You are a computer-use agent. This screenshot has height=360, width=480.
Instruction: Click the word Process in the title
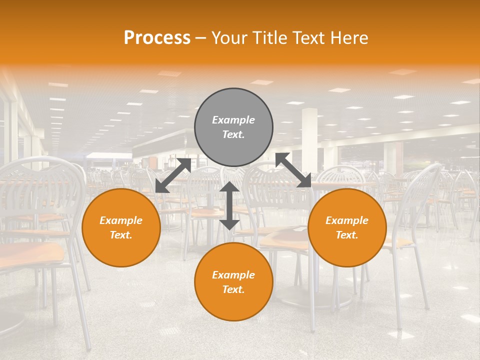pyautogui.click(x=157, y=38)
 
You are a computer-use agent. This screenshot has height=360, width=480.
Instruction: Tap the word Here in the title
pyautogui.click(x=348, y=38)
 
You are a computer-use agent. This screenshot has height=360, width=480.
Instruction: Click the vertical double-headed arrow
pyautogui.click(x=229, y=205)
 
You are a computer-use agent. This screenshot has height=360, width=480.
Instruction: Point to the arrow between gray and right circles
pyautogui.click(x=293, y=170)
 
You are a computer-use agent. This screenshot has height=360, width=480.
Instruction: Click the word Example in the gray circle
pyautogui.click(x=233, y=120)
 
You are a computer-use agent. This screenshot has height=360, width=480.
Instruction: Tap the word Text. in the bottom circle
pyautogui.click(x=233, y=289)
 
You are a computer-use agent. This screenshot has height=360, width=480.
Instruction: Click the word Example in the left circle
pyautogui.click(x=121, y=220)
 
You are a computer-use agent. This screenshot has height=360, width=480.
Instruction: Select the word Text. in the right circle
pyautogui.click(x=347, y=235)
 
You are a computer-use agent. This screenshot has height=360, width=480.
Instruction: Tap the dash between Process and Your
pyautogui.click(x=200, y=38)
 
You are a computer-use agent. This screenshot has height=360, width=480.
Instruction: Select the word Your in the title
pyautogui.click(x=229, y=38)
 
